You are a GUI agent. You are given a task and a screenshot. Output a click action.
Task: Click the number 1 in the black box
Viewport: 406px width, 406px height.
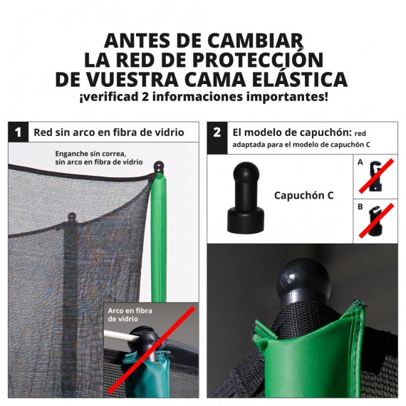tap(19, 132)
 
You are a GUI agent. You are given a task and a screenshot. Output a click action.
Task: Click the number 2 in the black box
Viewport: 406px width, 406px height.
tap(217, 132)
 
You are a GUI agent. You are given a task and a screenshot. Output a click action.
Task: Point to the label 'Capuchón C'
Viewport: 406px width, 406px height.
tap(303, 194)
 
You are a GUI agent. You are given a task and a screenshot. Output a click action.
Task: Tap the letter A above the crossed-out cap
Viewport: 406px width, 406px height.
tap(360, 163)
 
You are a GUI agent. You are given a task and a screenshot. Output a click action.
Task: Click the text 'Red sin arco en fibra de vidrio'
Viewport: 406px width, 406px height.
tap(109, 132)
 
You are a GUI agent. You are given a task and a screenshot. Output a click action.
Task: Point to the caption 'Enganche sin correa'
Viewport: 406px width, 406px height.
tap(90, 154)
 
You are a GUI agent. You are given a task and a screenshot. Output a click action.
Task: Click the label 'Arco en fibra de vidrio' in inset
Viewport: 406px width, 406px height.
tap(132, 315)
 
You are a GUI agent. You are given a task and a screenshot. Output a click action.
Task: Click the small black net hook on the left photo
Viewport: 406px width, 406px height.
tap(71, 217)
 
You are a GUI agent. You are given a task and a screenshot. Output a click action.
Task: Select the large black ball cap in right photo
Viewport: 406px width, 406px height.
tap(296, 279)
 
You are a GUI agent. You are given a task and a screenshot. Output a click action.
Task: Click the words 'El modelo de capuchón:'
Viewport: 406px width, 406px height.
tap(292, 132)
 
